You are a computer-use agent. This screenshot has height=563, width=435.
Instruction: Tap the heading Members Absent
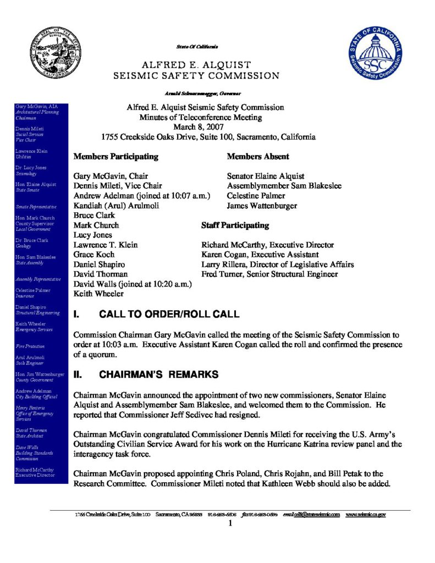point(258,157)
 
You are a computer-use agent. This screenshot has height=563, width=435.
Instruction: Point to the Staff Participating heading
point(235,225)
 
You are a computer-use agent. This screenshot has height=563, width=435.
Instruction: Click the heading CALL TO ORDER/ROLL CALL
point(168,314)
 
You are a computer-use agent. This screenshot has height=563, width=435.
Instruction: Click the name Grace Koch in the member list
point(93,255)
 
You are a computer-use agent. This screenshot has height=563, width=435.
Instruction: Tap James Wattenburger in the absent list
point(262,206)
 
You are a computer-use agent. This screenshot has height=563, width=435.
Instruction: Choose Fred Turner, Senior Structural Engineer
point(269,274)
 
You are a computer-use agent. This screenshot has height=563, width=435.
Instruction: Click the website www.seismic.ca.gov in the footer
point(365,515)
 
